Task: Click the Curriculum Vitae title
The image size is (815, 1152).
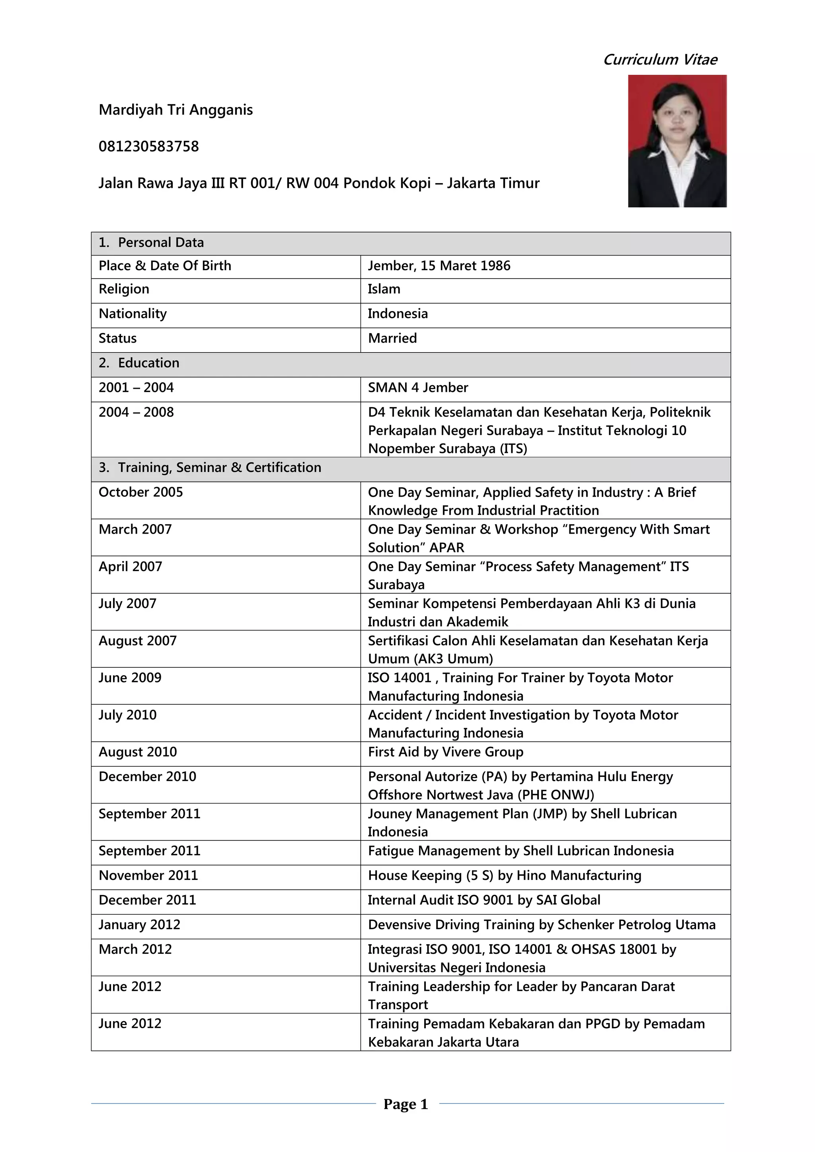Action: point(659,60)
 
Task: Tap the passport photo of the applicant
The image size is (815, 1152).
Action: point(677,141)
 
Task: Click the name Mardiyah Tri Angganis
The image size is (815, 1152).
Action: point(175,110)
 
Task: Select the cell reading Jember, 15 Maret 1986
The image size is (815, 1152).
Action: point(439,266)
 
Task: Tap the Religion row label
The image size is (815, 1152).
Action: point(124,290)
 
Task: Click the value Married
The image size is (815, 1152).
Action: point(392,339)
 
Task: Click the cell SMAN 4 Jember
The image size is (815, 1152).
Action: point(417,388)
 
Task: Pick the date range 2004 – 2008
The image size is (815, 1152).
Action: point(136,412)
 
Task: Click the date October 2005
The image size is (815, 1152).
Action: point(140,492)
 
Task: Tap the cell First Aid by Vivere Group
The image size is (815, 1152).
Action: point(445,752)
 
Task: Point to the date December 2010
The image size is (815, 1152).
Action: point(147,777)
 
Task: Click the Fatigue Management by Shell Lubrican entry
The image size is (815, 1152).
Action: point(521,851)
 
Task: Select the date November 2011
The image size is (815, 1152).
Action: point(148,875)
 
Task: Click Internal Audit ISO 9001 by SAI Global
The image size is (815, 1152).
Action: point(484,900)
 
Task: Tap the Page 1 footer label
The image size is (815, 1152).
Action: point(406,1104)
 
